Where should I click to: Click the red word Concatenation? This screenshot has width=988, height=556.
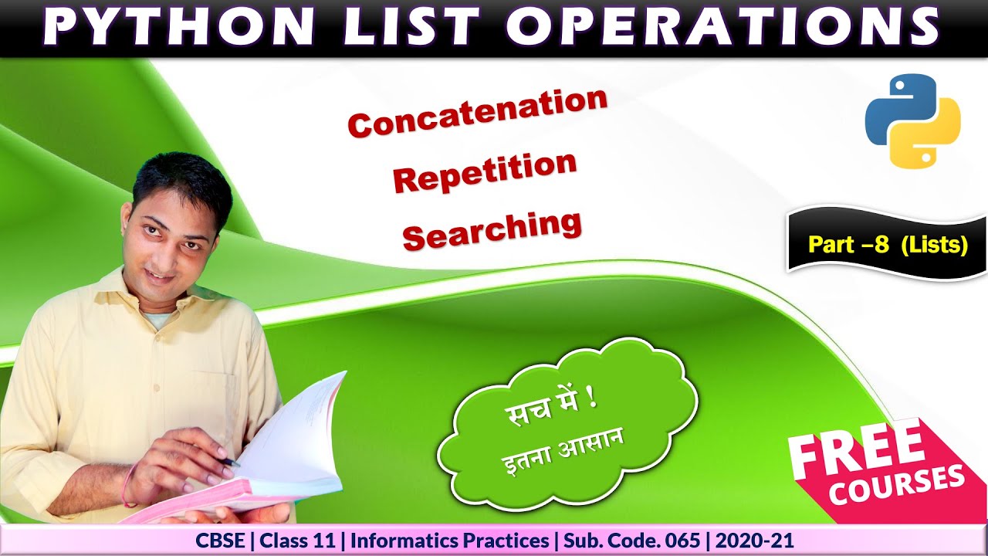tap(477, 113)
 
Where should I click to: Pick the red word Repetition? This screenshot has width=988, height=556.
tap(485, 171)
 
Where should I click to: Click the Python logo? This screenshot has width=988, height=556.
tap(912, 120)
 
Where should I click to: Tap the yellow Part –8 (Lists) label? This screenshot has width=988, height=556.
tap(888, 245)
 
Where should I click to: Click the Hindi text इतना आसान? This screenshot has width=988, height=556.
tap(563, 453)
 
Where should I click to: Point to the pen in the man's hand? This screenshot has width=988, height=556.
tap(229, 462)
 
